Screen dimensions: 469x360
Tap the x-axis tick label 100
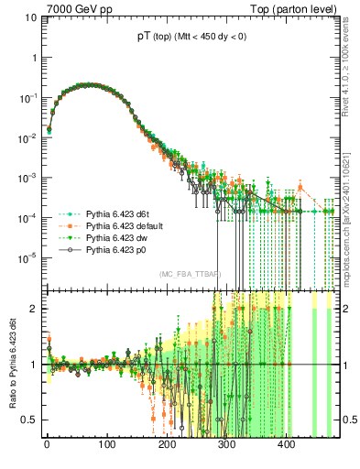(x=106, y=446)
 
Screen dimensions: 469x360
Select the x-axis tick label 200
(x=167, y=446)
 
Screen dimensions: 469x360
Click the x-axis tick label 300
(x=226, y=446)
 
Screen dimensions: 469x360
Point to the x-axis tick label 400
(x=286, y=446)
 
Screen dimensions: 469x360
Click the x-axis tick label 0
(x=47, y=446)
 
